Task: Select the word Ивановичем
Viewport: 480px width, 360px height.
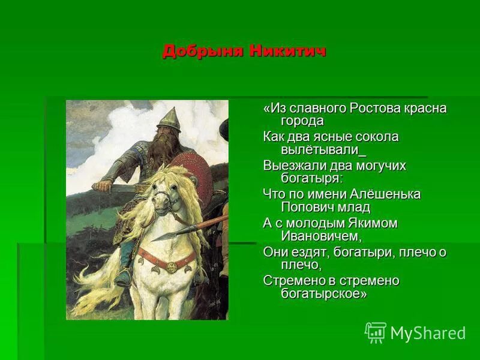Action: (321, 236)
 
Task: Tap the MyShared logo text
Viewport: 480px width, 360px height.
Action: (428, 333)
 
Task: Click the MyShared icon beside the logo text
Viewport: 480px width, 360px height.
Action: (376, 332)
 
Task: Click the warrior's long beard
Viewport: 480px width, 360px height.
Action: (164, 150)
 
